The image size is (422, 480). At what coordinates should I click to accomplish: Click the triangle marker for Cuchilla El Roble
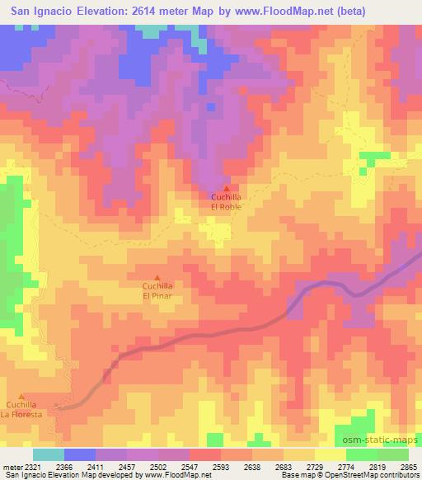227,190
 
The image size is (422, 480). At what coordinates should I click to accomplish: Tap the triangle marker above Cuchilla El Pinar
157,277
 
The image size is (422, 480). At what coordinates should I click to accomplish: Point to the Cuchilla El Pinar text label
157,290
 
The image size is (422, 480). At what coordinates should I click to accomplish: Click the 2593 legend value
222,466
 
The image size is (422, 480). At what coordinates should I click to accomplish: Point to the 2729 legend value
316,466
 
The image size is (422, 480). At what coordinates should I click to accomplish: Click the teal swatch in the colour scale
48,454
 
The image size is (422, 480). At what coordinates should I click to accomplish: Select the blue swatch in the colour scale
79,454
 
